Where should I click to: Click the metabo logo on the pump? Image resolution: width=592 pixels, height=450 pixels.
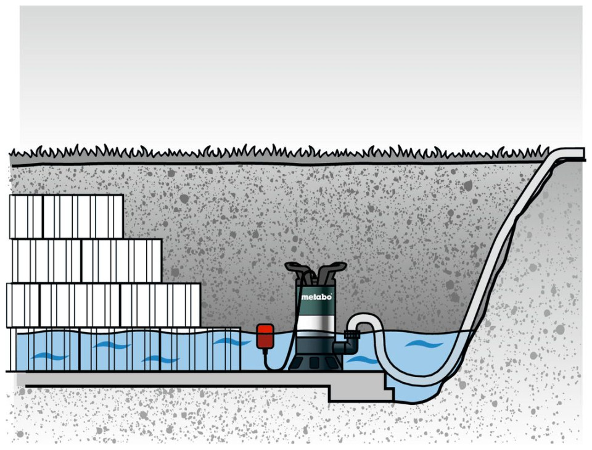pos(317,297)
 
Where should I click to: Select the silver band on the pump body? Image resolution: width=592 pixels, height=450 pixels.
pos(315,322)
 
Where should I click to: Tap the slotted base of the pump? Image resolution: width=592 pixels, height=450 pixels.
pos(316,360)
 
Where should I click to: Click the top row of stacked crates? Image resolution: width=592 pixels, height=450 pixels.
pos(67,216)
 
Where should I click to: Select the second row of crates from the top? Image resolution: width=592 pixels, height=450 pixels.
pos(86,260)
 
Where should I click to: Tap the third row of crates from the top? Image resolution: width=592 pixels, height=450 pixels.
pos(104,305)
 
